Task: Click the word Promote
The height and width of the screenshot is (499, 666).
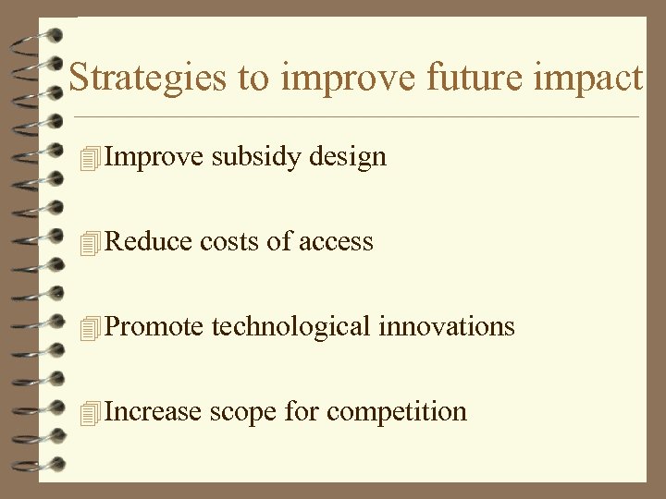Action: coord(154,327)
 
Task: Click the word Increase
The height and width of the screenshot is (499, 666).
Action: coord(153,411)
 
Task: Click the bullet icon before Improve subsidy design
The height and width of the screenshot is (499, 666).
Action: coord(89,159)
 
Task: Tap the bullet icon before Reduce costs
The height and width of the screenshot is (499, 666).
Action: coord(89,244)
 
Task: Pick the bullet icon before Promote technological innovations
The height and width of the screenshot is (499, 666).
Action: coord(89,328)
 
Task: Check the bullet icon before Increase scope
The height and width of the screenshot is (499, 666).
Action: coord(89,413)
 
